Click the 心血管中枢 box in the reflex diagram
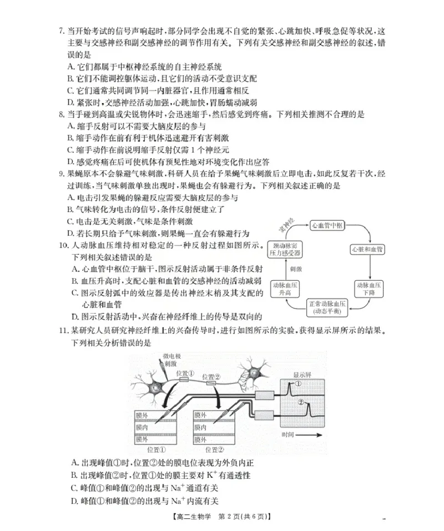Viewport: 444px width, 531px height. click(328, 225)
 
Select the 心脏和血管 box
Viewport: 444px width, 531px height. click(367, 249)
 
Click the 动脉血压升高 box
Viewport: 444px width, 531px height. click(285, 288)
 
